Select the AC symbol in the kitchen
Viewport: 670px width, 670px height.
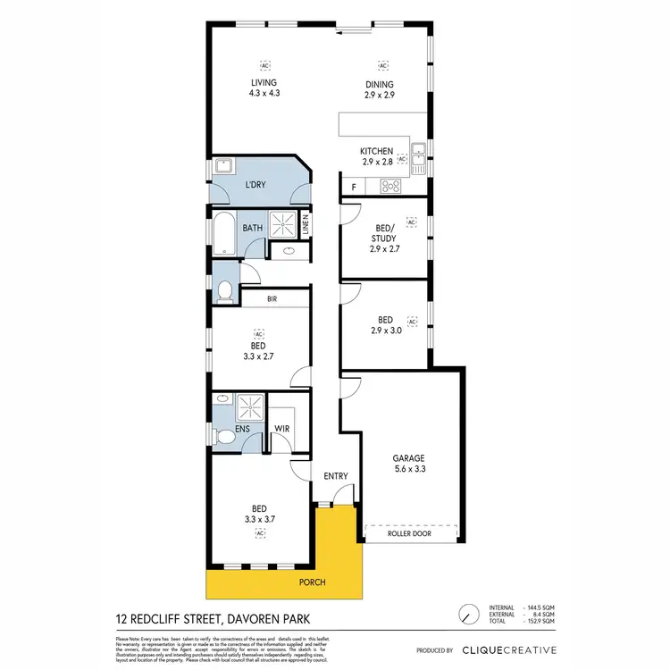[402, 159]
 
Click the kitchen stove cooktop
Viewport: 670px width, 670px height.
[390, 187]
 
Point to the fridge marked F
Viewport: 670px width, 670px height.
[354, 187]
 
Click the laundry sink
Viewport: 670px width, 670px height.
[222, 166]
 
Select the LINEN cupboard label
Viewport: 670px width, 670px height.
[306, 225]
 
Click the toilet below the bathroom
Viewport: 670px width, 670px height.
[225, 289]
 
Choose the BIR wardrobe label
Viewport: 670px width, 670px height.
[259, 299]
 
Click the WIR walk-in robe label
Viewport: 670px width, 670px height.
[281, 430]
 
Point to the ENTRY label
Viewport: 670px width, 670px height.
[335, 476]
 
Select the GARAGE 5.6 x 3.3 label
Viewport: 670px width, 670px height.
[408, 463]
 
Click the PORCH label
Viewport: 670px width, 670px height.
[313, 583]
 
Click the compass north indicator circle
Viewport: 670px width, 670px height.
[465, 616]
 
